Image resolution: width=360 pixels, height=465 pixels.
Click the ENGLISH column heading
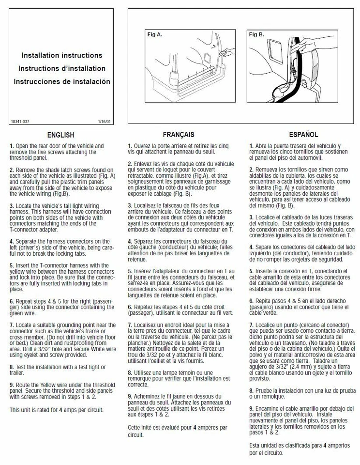60,135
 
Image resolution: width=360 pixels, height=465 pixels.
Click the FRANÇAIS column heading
178,134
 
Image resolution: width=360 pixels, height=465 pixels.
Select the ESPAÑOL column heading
303,134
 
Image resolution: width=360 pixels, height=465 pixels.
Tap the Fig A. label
155,35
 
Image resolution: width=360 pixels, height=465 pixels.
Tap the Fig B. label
256,35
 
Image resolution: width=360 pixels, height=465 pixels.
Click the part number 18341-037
19,121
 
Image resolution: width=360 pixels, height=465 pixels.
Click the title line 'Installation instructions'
62,56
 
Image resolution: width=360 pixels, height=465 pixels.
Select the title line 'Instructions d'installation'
62,69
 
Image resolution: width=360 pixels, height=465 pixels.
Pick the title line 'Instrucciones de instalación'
62,82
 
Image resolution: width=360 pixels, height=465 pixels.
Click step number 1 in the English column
12,146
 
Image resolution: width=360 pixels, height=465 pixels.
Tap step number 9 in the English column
12,384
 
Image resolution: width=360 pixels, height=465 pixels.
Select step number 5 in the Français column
130,271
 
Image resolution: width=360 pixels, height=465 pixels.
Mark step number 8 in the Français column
130,372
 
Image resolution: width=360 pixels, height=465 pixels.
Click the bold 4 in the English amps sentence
60,410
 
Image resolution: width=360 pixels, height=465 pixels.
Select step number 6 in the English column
12,301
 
